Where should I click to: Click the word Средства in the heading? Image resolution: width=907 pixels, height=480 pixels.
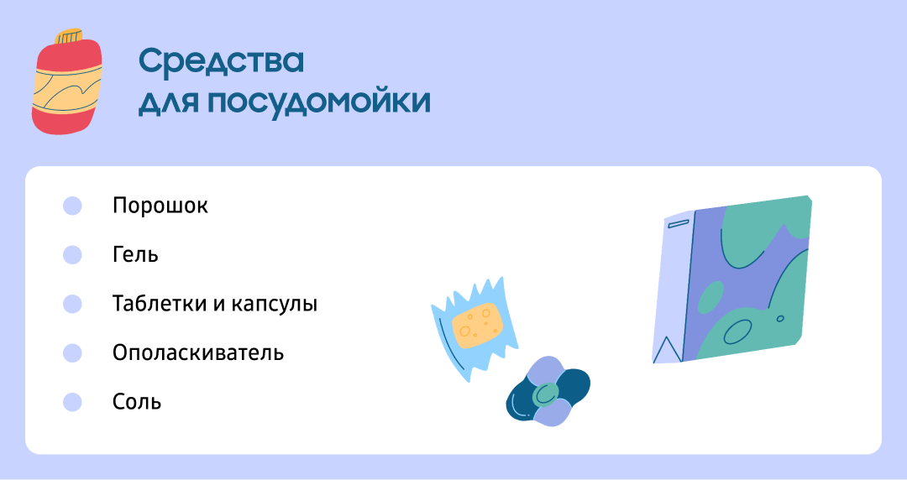(x=221, y=61)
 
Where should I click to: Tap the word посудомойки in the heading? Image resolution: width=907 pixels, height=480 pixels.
(x=319, y=102)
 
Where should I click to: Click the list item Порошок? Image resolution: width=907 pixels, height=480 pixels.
(x=160, y=206)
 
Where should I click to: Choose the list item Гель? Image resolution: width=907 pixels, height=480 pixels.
(x=135, y=254)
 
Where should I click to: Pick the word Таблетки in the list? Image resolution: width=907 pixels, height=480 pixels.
(x=160, y=304)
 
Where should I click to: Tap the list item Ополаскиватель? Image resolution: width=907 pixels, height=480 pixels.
(x=198, y=352)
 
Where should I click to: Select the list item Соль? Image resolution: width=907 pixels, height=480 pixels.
(x=137, y=402)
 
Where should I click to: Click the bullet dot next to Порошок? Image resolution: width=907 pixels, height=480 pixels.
(x=72, y=206)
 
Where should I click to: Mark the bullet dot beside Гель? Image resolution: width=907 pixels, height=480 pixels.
(x=72, y=254)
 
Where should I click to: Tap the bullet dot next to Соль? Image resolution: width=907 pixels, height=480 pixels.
(x=72, y=402)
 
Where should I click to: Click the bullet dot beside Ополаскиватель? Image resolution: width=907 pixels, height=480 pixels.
(x=72, y=352)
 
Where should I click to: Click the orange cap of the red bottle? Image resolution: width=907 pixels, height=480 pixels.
(x=69, y=36)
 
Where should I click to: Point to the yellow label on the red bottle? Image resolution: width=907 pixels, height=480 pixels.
(x=67, y=91)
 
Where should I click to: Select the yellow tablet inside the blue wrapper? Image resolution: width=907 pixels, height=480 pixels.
(x=477, y=325)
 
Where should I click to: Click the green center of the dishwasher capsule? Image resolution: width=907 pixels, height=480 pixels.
(x=545, y=394)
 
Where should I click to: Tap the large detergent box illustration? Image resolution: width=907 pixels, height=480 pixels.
(x=732, y=279)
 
